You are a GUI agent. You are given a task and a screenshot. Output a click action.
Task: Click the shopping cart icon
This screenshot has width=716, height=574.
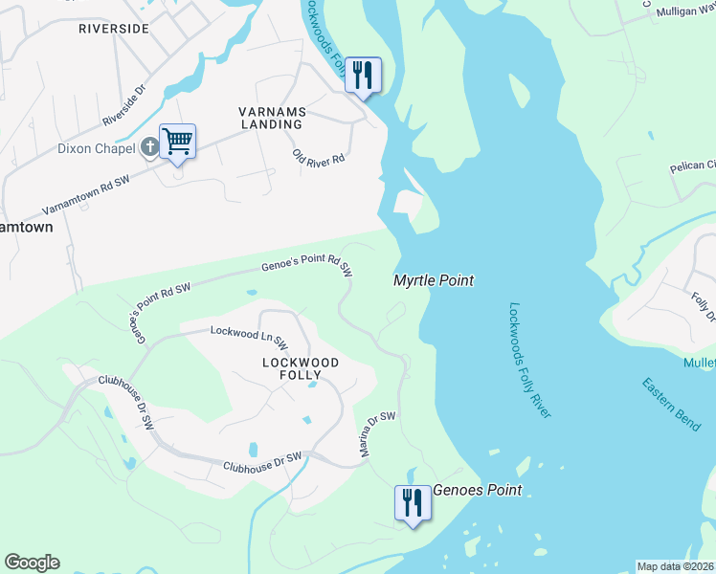coord(177,142)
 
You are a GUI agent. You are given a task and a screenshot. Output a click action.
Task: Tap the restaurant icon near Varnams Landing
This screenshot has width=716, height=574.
coord(363,75)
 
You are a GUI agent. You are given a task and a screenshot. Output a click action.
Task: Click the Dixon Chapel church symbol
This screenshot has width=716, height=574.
coord(149,148)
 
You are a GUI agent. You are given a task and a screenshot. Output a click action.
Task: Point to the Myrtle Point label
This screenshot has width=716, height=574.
coord(434,280)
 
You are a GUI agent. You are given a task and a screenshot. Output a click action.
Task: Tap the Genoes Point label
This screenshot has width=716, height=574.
coord(478,490)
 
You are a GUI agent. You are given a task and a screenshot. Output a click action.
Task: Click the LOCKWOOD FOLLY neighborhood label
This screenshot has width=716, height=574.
coord(301,369)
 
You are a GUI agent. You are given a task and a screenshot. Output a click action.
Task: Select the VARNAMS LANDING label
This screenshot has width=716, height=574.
coord(271,118)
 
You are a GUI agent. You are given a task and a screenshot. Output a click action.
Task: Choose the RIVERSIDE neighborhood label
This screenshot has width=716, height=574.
coord(114,29)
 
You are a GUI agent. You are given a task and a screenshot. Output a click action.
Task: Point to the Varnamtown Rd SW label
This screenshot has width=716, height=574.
coord(85,196)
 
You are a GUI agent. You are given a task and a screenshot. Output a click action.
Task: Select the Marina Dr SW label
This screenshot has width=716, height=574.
coord(378,434)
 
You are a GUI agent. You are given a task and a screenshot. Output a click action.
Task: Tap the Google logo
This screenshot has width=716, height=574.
coord(32,563)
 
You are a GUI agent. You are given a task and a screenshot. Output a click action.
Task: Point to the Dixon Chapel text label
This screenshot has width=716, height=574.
coord(99,148)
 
